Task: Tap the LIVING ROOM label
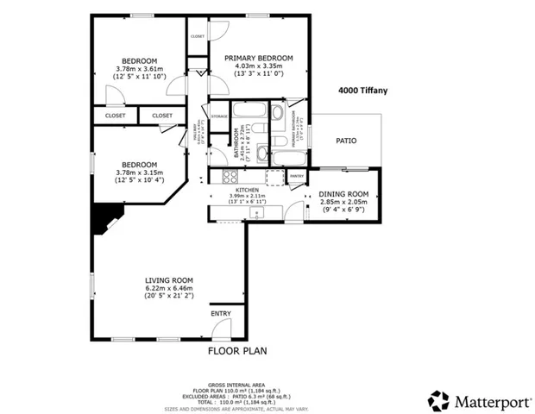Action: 168,280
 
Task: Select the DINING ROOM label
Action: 343,194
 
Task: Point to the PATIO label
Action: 346,141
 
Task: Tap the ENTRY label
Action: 221,313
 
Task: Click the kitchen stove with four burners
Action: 230,177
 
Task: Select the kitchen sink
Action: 255,212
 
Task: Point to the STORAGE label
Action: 219,116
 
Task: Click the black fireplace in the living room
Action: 104,221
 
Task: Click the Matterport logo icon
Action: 439,399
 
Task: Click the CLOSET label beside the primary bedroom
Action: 198,36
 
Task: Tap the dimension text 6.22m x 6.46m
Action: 168,289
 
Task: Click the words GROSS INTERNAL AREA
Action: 236,384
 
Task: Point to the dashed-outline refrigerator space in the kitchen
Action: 275,177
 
